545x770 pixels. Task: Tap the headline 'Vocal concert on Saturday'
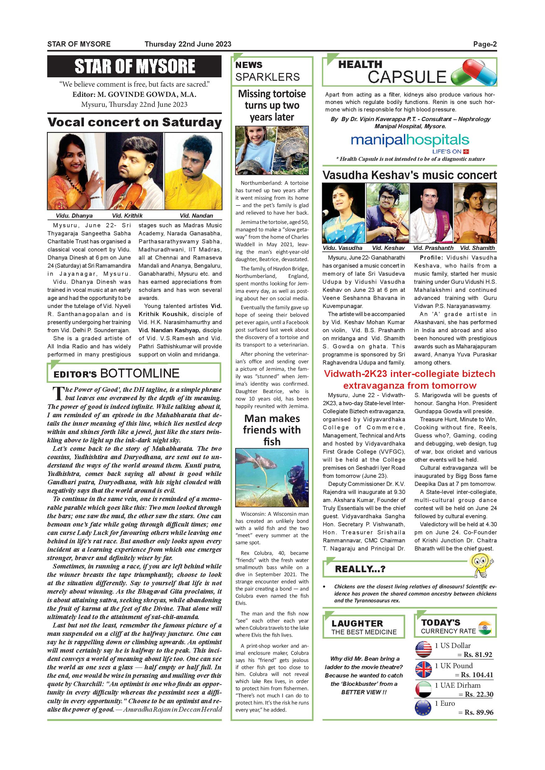(135, 122)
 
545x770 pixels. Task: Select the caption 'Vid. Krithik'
(127, 216)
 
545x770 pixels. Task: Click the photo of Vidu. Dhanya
(76, 171)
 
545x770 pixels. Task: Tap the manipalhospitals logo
(405, 141)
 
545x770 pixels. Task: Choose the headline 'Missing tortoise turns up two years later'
(272, 105)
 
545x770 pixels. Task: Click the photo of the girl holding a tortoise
(254, 150)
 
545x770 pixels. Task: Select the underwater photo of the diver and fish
(272, 478)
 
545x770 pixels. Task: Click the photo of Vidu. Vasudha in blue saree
(344, 213)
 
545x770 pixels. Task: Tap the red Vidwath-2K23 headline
(410, 379)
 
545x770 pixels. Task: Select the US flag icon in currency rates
(424, 649)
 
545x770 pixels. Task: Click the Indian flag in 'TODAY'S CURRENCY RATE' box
(485, 628)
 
